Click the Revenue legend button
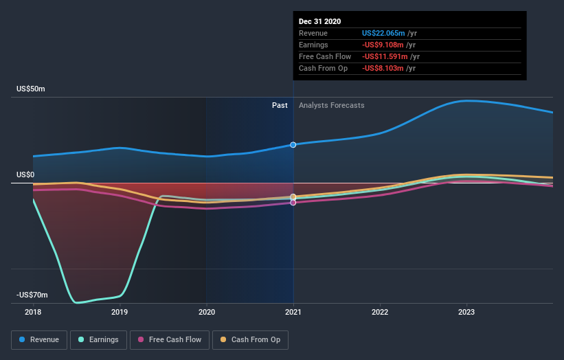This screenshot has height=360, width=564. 40,339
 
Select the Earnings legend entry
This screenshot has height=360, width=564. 100,339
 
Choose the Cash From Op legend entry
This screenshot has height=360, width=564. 251,339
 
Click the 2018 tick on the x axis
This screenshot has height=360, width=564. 33,312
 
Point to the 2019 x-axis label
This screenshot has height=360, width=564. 120,312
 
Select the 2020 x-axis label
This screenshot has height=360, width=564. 206,312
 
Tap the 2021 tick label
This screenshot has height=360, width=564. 293,312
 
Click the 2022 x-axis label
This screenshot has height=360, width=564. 380,312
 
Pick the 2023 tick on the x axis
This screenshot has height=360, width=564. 466,312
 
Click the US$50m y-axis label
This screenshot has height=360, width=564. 31,89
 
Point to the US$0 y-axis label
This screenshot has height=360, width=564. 26,175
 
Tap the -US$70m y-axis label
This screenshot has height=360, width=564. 32,295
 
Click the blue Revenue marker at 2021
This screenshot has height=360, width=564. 293,145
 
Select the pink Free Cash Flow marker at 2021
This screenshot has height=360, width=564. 293,203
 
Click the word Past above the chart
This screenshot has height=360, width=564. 280,105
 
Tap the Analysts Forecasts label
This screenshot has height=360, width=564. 332,105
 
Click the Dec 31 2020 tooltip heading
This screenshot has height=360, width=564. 320,22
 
